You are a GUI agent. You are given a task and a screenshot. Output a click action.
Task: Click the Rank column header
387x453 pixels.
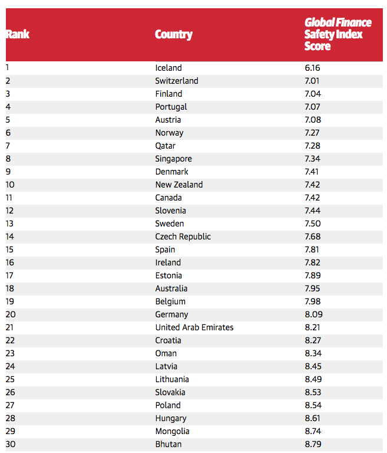[x=18, y=34]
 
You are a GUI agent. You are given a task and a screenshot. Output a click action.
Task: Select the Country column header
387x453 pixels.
[x=174, y=34]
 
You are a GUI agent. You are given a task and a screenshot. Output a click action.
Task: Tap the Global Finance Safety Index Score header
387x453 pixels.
[x=338, y=34]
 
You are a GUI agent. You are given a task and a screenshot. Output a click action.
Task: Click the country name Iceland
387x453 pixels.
[x=168, y=68]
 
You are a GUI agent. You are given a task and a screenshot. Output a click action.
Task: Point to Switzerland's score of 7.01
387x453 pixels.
[x=312, y=81]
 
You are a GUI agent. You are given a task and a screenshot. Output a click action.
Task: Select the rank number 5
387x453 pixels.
[x=8, y=120]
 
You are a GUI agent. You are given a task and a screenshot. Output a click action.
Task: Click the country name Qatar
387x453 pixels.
[x=166, y=146]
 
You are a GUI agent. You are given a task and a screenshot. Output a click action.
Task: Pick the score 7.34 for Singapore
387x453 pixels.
[x=313, y=159]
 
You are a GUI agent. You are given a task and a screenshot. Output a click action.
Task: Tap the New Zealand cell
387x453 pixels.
[x=179, y=185]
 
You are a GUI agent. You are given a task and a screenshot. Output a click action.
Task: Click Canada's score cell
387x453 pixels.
[x=313, y=198]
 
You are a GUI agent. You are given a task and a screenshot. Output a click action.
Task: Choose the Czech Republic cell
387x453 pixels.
[x=183, y=237]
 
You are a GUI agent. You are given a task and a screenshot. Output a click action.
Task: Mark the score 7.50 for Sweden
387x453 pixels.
[x=313, y=224]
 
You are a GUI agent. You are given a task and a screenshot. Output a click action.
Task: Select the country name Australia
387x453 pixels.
[x=171, y=288]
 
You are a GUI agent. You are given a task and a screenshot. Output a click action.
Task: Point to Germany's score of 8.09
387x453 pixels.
[x=313, y=314]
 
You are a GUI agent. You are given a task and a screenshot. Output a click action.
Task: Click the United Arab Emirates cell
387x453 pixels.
[x=194, y=327]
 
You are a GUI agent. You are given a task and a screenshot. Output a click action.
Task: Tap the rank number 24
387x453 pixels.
[x=11, y=366]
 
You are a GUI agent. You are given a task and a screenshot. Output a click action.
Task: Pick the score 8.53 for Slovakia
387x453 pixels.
[x=313, y=392]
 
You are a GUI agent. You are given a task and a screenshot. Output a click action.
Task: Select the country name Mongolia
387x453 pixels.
[x=173, y=431]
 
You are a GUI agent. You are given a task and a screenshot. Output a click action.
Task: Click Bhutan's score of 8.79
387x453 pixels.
[x=313, y=444]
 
